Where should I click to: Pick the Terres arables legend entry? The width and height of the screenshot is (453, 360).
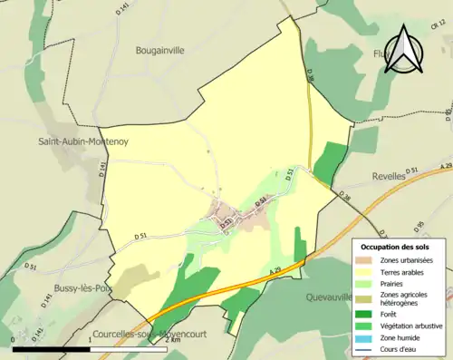(x=405, y=271)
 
